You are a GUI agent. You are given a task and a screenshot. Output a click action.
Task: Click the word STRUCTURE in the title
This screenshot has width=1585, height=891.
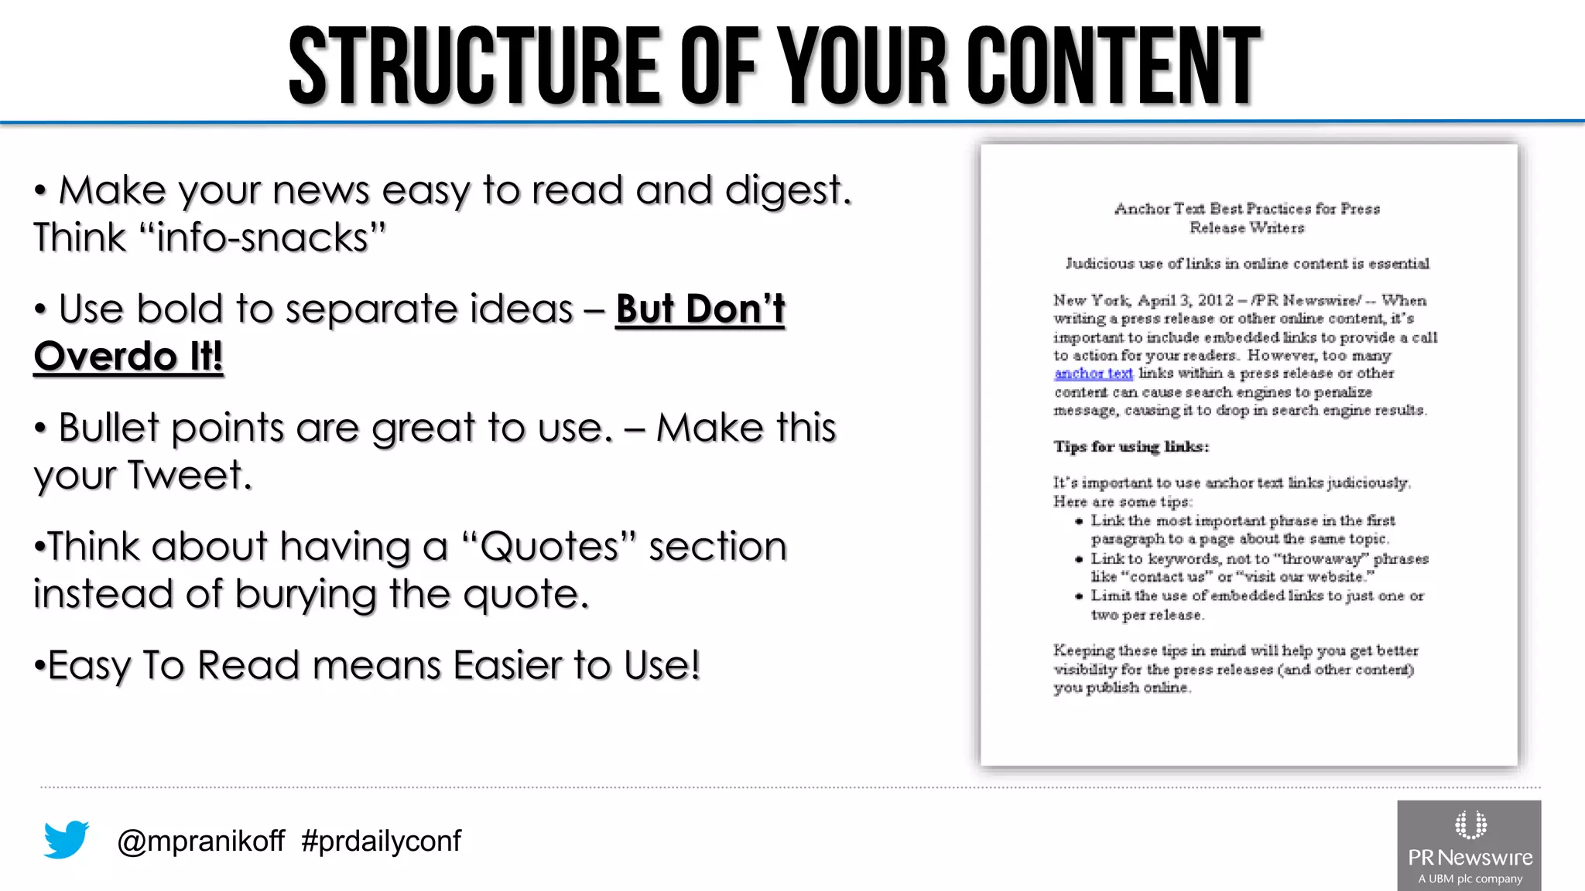tap(474, 67)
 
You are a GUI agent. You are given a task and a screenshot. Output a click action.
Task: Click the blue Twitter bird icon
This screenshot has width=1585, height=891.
tap(67, 839)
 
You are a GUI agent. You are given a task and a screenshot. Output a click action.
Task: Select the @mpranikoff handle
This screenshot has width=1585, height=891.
tap(200, 841)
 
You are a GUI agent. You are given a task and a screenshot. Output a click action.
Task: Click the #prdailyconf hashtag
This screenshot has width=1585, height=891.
tap(381, 841)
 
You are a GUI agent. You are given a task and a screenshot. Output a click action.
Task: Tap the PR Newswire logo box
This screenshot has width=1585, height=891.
tap(1469, 845)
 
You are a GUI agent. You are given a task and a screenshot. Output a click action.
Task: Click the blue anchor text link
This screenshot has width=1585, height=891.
tap(1093, 374)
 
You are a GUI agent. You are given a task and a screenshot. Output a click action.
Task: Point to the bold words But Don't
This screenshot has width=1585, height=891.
tap(700, 309)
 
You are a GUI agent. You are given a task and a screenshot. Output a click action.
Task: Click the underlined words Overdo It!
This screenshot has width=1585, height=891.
tap(128, 357)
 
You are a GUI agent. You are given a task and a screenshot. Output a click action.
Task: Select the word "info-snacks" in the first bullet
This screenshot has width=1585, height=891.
tap(263, 237)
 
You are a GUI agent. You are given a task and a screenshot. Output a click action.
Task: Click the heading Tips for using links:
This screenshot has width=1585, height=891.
tap(1130, 446)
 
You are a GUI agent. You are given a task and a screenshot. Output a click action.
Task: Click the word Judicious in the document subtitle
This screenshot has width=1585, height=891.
tap(1099, 264)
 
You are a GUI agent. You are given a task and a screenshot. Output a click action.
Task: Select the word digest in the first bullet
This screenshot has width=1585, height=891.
tap(787, 190)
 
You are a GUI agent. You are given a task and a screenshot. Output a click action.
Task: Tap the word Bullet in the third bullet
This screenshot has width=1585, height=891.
tap(108, 428)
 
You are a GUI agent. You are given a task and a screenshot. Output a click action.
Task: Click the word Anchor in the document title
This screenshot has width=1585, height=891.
tap(1142, 209)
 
